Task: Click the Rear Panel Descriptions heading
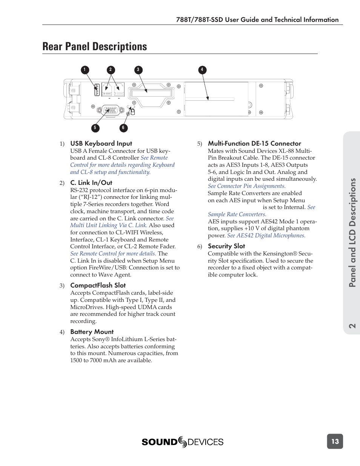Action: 95,46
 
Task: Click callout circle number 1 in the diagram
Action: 85,70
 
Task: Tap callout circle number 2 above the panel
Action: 111,70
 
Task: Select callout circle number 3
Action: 138,70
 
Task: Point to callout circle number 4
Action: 202,70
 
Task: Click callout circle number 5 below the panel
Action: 95,128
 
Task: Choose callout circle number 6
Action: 123,128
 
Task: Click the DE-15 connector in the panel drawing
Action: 111,110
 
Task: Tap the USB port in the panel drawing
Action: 97,90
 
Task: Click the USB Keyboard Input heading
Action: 101,143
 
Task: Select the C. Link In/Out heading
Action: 91,183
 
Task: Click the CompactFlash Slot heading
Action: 98,285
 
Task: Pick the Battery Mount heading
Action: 92,332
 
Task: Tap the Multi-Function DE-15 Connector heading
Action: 254,143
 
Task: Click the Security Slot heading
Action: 226,246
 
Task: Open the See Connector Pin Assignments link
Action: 246,186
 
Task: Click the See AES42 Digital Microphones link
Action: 266,235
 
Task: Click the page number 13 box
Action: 335,441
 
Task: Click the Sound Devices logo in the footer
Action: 183,442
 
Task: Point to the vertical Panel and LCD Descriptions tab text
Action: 352,232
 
